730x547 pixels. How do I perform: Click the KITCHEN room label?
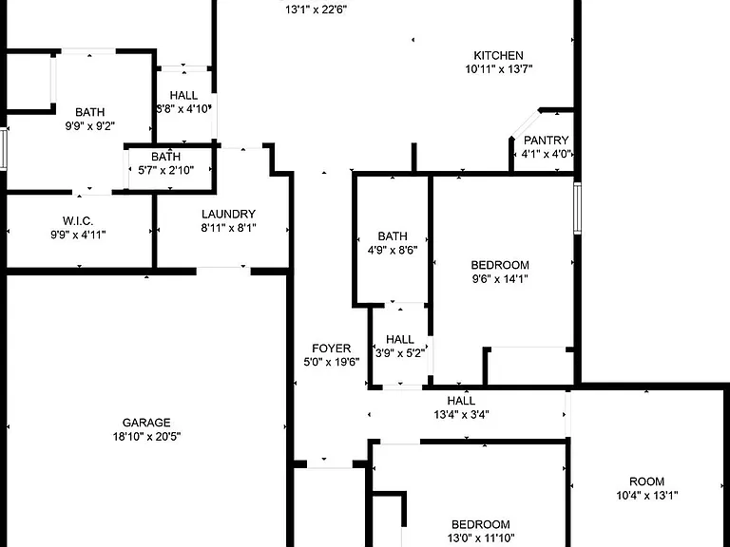(498, 56)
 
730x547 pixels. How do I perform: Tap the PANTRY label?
(547, 141)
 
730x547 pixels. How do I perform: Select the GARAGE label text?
(146, 423)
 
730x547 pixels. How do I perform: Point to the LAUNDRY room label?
(228, 214)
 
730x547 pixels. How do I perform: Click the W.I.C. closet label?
(78, 221)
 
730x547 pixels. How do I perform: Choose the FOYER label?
(332, 349)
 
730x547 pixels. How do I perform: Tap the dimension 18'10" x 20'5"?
(146, 437)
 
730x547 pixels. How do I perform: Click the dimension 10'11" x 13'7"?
(499, 69)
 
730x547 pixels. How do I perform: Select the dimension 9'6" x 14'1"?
(500, 279)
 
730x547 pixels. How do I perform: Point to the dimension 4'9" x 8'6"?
(393, 251)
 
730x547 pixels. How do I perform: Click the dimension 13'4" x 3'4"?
(461, 414)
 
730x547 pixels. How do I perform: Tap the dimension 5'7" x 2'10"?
(166, 171)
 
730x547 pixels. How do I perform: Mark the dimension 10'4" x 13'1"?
(647, 496)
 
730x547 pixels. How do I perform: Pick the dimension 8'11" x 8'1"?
(228, 228)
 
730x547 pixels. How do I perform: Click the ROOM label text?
(646, 481)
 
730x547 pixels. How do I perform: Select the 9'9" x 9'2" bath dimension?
(90, 126)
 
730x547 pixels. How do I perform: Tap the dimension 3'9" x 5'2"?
(400, 353)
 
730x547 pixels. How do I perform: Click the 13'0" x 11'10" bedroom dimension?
(481, 538)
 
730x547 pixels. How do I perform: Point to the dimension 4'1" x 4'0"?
(547, 154)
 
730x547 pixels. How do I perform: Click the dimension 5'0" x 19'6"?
(332, 363)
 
